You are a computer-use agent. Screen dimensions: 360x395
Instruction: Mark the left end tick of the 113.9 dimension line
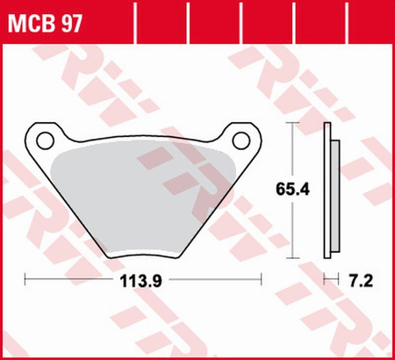(26, 281)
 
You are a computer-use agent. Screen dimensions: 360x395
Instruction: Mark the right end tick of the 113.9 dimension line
(262, 281)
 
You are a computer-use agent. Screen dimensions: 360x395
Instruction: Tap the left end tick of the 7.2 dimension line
(325, 281)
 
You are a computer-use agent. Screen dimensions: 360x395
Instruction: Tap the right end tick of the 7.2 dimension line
(341, 281)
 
